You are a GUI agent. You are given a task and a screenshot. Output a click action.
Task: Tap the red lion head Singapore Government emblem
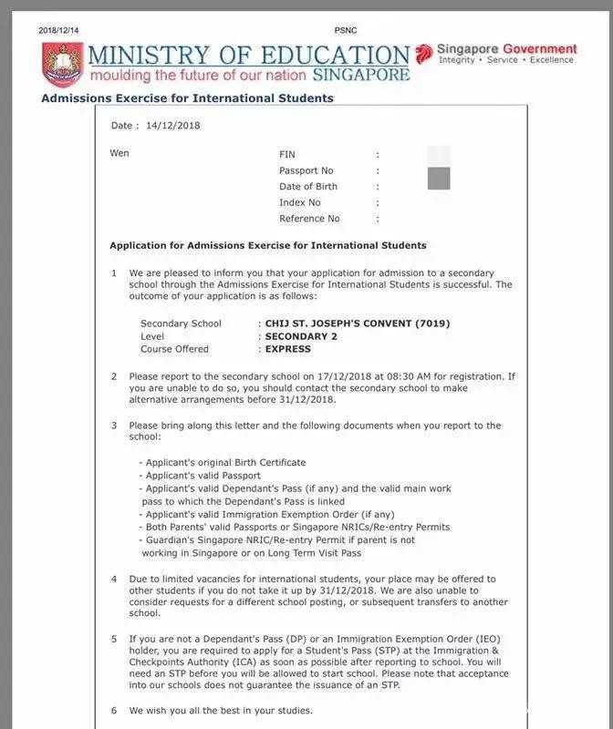tap(424, 53)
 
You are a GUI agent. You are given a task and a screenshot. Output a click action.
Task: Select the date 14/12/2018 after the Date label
tap(171, 126)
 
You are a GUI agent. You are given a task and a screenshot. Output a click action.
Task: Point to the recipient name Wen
tap(119, 153)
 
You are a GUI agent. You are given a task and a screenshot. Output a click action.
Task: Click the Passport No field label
tap(306, 170)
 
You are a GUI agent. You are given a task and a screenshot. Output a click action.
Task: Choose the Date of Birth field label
tap(308, 187)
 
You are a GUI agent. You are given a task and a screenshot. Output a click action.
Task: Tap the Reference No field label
tap(309, 219)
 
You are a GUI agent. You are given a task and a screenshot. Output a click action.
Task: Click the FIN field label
tap(287, 155)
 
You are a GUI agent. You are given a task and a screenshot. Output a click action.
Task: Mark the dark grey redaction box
tap(439, 179)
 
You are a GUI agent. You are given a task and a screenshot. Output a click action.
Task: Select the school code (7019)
tap(432, 323)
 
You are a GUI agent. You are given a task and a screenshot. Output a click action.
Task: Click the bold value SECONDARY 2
tap(304, 336)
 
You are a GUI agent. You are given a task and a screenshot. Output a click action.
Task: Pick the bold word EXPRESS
tap(288, 349)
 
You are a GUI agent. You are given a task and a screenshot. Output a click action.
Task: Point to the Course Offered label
tap(174, 349)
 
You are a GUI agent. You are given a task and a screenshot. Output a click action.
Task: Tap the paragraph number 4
tap(114, 579)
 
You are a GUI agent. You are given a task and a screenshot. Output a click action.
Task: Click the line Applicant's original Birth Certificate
tap(223, 463)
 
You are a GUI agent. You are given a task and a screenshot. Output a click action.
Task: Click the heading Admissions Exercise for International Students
tap(188, 98)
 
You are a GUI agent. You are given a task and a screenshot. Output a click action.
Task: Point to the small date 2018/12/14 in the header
tap(60, 31)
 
